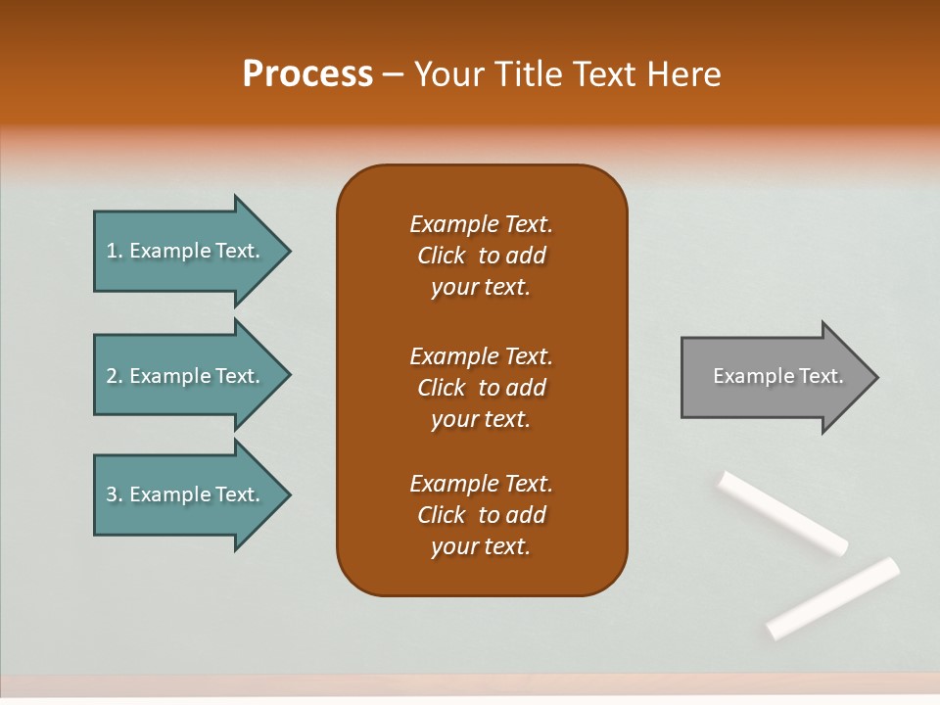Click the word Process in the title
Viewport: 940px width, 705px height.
point(307,74)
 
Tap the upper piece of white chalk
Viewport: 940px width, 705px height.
point(783,512)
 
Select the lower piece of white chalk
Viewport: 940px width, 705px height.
point(833,597)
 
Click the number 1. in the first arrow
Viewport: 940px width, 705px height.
point(114,252)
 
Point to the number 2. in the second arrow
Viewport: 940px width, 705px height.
point(114,376)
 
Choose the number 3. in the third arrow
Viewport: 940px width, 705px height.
point(114,494)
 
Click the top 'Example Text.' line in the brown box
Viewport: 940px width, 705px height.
point(481,224)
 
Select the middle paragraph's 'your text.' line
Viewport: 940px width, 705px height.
point(481,419)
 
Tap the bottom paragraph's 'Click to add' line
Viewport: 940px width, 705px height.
point(481,515)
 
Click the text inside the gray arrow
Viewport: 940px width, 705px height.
point(778,376)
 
